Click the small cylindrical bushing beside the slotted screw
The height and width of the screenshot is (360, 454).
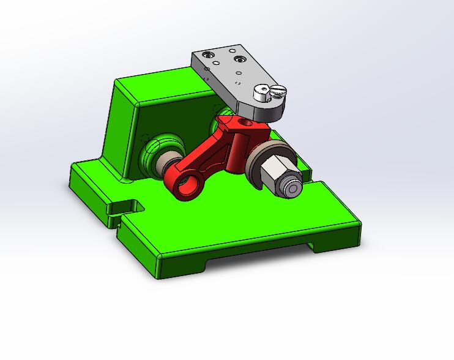262,94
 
